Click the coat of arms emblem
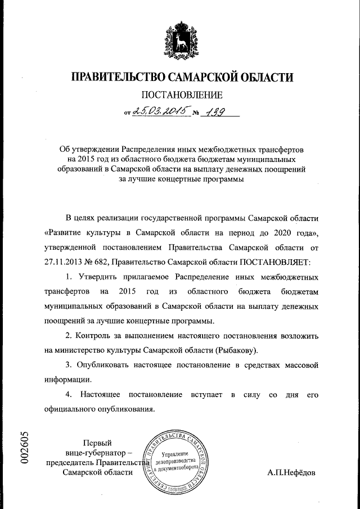tap(180, 37)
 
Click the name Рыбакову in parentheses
tap(236, 350)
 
